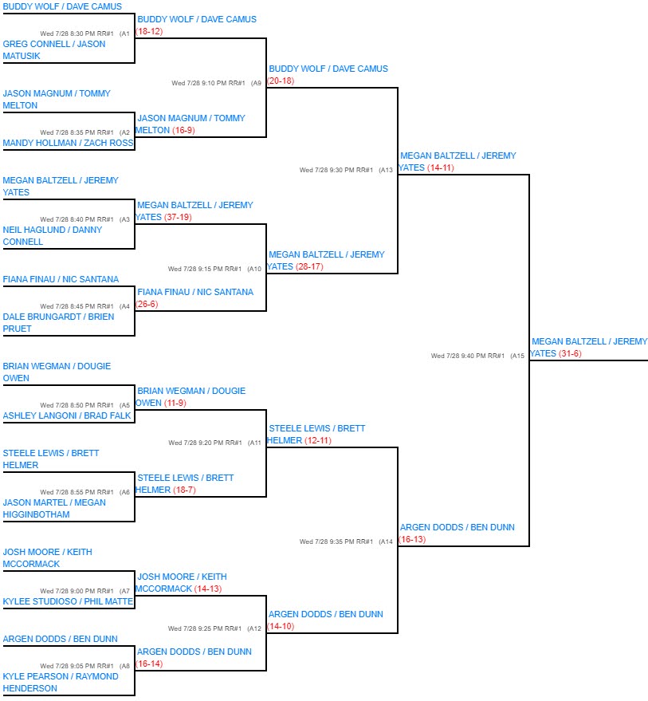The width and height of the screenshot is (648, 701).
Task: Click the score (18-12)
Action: tap(149, 31)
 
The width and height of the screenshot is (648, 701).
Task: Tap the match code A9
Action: tap(256, 83)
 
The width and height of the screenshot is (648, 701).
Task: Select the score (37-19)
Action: tap(178, 217)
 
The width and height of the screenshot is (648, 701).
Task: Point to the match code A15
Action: tap(517, 356)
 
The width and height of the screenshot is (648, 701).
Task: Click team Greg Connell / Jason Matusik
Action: tap(54, 50)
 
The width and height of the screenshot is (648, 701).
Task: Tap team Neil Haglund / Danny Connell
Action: tap(53, 235)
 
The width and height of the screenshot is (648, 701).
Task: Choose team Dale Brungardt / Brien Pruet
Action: tap(58, 322)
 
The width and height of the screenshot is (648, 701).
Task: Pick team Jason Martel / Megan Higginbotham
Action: tap(54, 508)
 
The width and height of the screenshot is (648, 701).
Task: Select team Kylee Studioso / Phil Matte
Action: tap(68, 601)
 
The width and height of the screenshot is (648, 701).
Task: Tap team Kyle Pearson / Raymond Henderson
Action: tap(61, 682)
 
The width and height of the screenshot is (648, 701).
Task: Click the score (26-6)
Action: tap(147, 304)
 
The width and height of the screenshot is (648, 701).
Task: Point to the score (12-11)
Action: tap(318, 440)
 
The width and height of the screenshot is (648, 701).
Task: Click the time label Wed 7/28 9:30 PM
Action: tap(327, 170)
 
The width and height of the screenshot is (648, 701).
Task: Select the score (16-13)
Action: tap(412, 539)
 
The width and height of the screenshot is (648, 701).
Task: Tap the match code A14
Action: tap(386, 542)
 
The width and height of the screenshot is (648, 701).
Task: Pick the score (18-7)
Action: tap(184, 490)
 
